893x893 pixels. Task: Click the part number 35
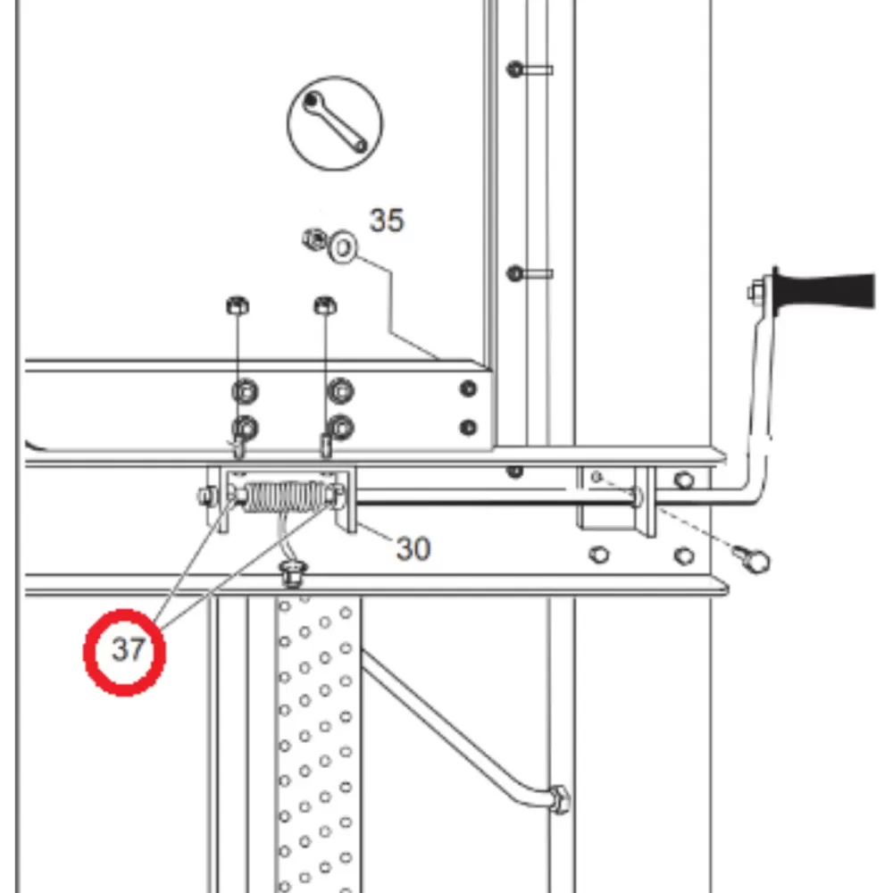(x=387, y=221)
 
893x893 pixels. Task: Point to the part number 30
(x=413, y=549)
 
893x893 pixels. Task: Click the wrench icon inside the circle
(x=336, y=122)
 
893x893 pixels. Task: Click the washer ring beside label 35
(x=343, y=247)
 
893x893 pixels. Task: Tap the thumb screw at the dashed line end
(x=752, y=559)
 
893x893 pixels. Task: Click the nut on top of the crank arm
(x=756, y=293)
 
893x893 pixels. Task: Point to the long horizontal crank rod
(x=495, y=497)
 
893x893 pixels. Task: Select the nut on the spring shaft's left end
(x=207, y=496)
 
